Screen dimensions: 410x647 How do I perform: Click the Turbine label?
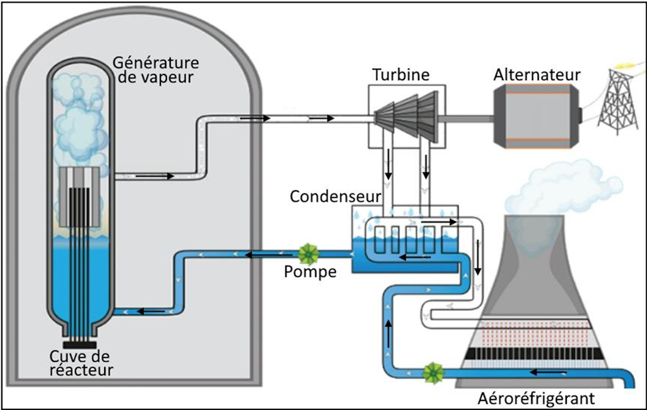coord(400,74)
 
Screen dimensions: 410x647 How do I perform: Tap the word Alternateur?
coord(536,74)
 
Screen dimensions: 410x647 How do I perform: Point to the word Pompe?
coord(310,272)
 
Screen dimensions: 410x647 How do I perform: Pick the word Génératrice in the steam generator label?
coord(155,63)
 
